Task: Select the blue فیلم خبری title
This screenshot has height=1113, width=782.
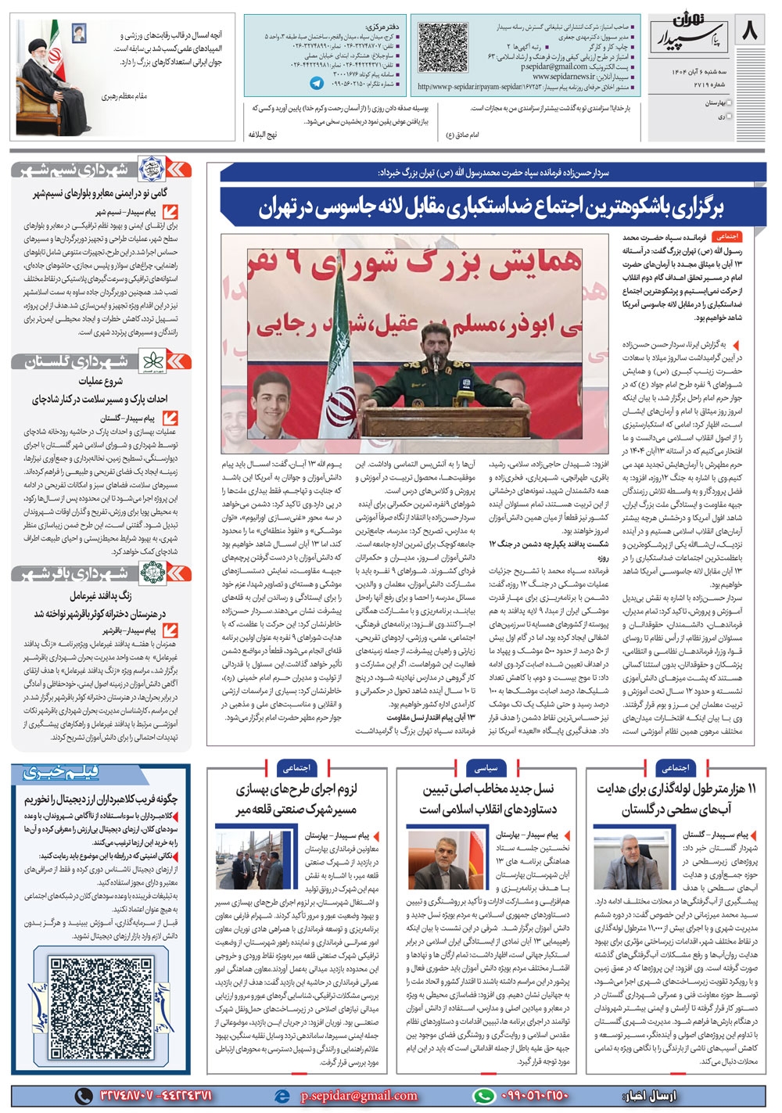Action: [62, 773]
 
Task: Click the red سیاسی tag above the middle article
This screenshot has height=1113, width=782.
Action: [486, 768]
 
